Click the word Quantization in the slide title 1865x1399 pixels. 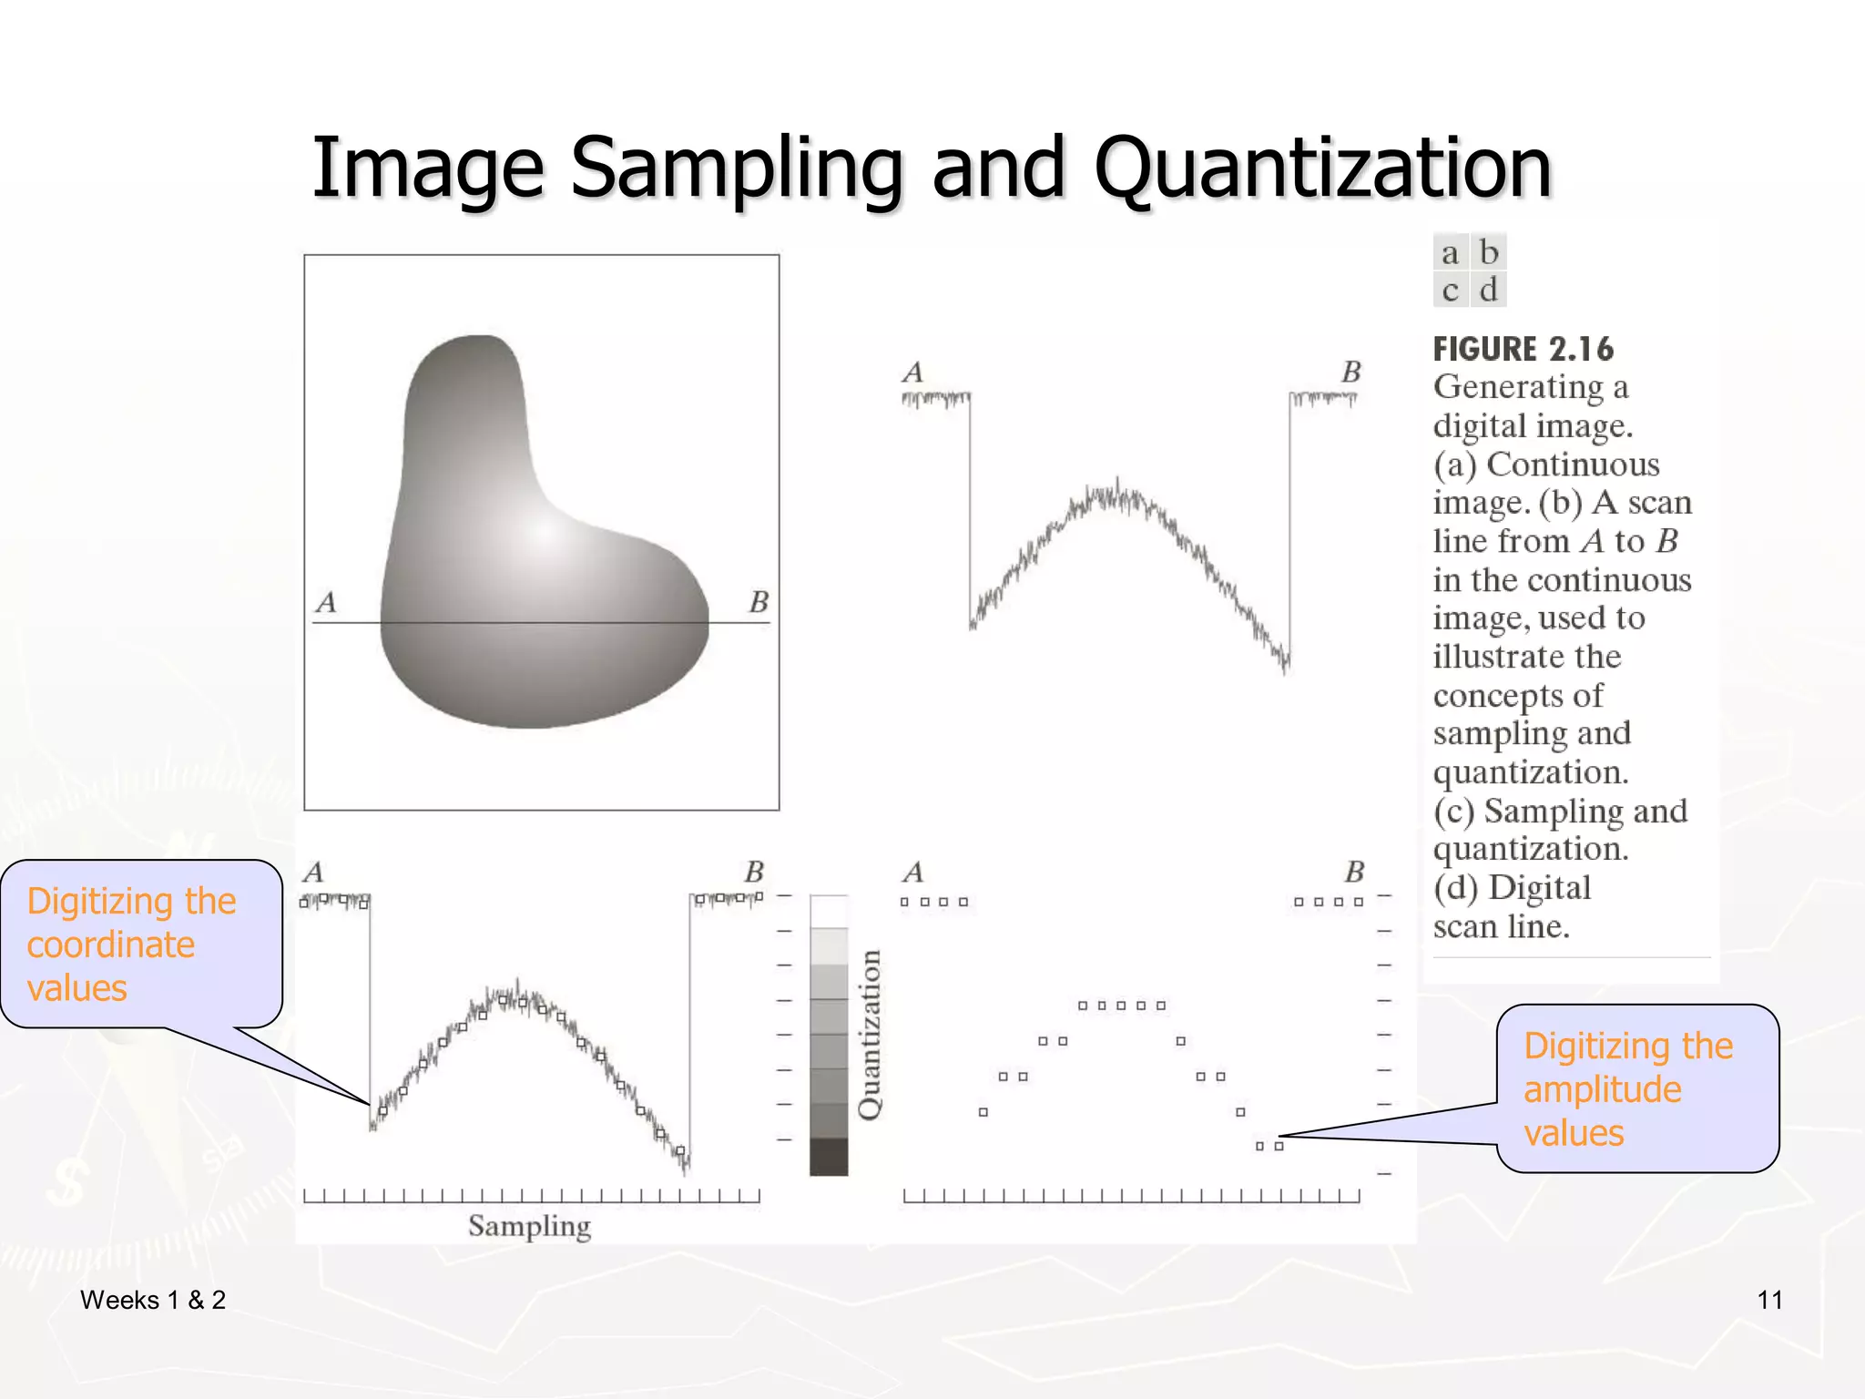(x=1322, y=168)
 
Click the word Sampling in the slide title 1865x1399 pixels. (x=736, y=168)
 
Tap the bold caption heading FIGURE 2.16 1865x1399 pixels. (x=1523, y=349)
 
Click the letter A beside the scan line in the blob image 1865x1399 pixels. (x=326, y=602)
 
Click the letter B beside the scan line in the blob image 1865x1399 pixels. (x=759, y=602)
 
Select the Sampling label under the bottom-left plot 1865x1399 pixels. (x=529, y=1226)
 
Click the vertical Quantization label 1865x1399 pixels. (x=870, y=1035)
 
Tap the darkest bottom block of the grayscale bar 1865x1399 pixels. (x=829, y=1157)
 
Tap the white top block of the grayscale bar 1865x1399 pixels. (x=829, y=912)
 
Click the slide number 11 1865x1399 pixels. (x=1769, y=1300)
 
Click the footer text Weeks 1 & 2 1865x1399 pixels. (x=153, y=1300)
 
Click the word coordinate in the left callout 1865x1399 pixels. (x=110, y=945)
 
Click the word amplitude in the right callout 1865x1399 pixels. (x=1602, y=1089)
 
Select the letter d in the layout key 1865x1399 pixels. (x=1488, y=291)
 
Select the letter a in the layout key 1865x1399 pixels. (x=1450, y=253)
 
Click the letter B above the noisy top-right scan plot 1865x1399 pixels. (x=1350, y=372)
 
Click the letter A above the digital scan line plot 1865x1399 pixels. (x=912, y=873)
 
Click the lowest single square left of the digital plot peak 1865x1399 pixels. (x=983, y=1112)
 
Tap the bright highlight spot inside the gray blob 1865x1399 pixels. (x=543, y=533)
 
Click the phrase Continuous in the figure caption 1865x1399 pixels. (x=1573, y=465)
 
